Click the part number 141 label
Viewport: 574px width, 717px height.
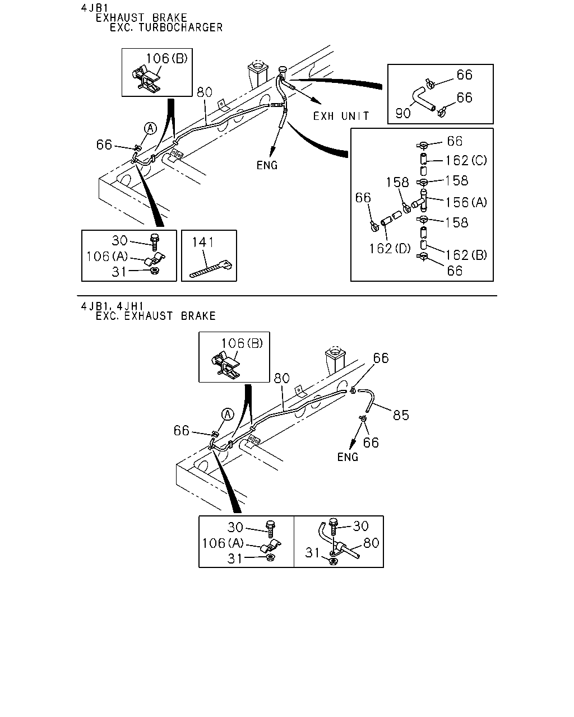(203, 242)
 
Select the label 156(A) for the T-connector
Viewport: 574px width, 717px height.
(466, 202)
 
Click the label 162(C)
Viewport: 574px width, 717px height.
(466, 160)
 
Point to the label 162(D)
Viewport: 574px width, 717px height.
(390, 248)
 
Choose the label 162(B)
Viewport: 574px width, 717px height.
(466, 255)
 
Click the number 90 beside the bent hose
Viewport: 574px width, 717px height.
(403, 113)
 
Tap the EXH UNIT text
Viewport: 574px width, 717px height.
(341, 116)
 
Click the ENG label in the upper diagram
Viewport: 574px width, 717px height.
(267, 165)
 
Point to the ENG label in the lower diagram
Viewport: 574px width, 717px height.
(348, 457)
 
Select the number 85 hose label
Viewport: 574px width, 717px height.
(401, 415)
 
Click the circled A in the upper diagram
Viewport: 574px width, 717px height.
(150, 128)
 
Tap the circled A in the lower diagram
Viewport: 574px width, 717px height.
(228, 415)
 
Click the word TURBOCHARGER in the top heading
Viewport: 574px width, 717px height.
(180, 27)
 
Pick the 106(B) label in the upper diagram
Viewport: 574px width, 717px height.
(167, 58)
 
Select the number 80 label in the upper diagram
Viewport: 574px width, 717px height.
(205, 92)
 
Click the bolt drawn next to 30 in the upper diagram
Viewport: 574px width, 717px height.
(154, 242)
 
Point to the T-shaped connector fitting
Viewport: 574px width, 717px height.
(420, 201)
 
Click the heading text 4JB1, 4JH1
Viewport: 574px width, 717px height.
(113, 306)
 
